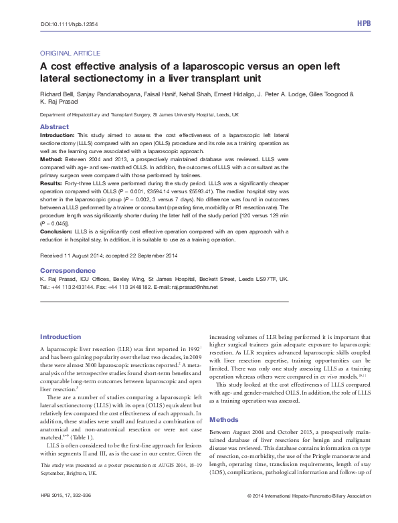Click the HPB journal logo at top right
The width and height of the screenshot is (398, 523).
click(364, 23)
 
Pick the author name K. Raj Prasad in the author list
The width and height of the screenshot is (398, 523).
click(58, 103)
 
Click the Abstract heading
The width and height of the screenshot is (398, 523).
click(54, 126)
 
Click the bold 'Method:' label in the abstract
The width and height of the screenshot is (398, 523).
click(52, 160)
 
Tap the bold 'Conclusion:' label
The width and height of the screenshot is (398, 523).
click(56, 231)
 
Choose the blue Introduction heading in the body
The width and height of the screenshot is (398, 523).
click(60, 336)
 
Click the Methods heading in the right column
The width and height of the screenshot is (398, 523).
click(224, 401)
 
